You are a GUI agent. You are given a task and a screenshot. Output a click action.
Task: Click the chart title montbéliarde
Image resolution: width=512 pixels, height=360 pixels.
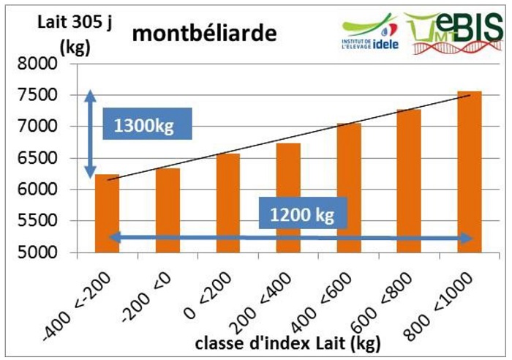(x=194, y=34)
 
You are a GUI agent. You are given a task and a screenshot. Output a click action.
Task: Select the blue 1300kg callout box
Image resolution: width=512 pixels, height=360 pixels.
(x=146, y=124)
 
